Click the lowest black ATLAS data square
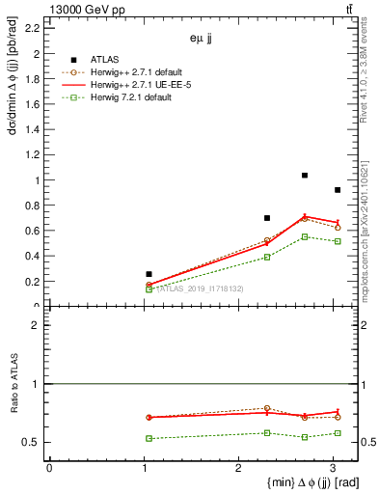pos(149,274)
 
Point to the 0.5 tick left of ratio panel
pos(31,442)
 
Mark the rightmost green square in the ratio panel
pos(337,433)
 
